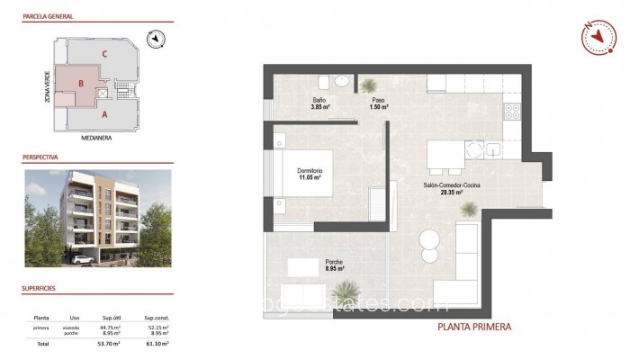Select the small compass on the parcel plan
tap(157, 38)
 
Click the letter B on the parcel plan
tap(81, 84)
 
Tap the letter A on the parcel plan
tap(104, 114)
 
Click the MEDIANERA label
tap(95, 139)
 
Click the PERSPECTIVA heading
tap(40, 157)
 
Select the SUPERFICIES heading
tap(40, 289)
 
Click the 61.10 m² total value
tap(156, 344)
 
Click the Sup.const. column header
tap(156, 318)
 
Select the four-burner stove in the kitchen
tap(513, 112)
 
